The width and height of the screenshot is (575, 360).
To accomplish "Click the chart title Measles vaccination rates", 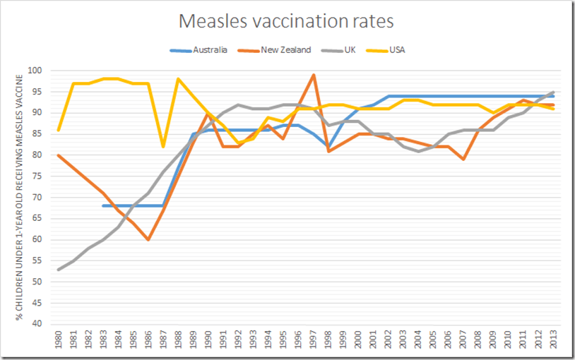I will pyautogui.click(x=287, y=22).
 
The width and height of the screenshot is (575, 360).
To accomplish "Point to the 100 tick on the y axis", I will pyautogui.click(x=35, y=71).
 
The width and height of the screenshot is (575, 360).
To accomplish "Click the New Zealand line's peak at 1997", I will pyautogui.click(x=313, y=75).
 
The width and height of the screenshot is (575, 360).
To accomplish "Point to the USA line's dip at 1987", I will pyautogui.click(x=163, y=147).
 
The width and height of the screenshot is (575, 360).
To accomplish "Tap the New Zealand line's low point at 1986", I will pyautogui.click(x=148, y=239).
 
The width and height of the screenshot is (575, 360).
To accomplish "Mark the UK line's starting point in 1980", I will pyautogui.click(x=58, y=269).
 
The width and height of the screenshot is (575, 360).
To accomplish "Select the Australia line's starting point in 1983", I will pyautogui.click(x=103, y=206).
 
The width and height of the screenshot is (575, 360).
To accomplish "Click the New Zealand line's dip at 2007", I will pyautogui.click(x=463, y=160).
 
